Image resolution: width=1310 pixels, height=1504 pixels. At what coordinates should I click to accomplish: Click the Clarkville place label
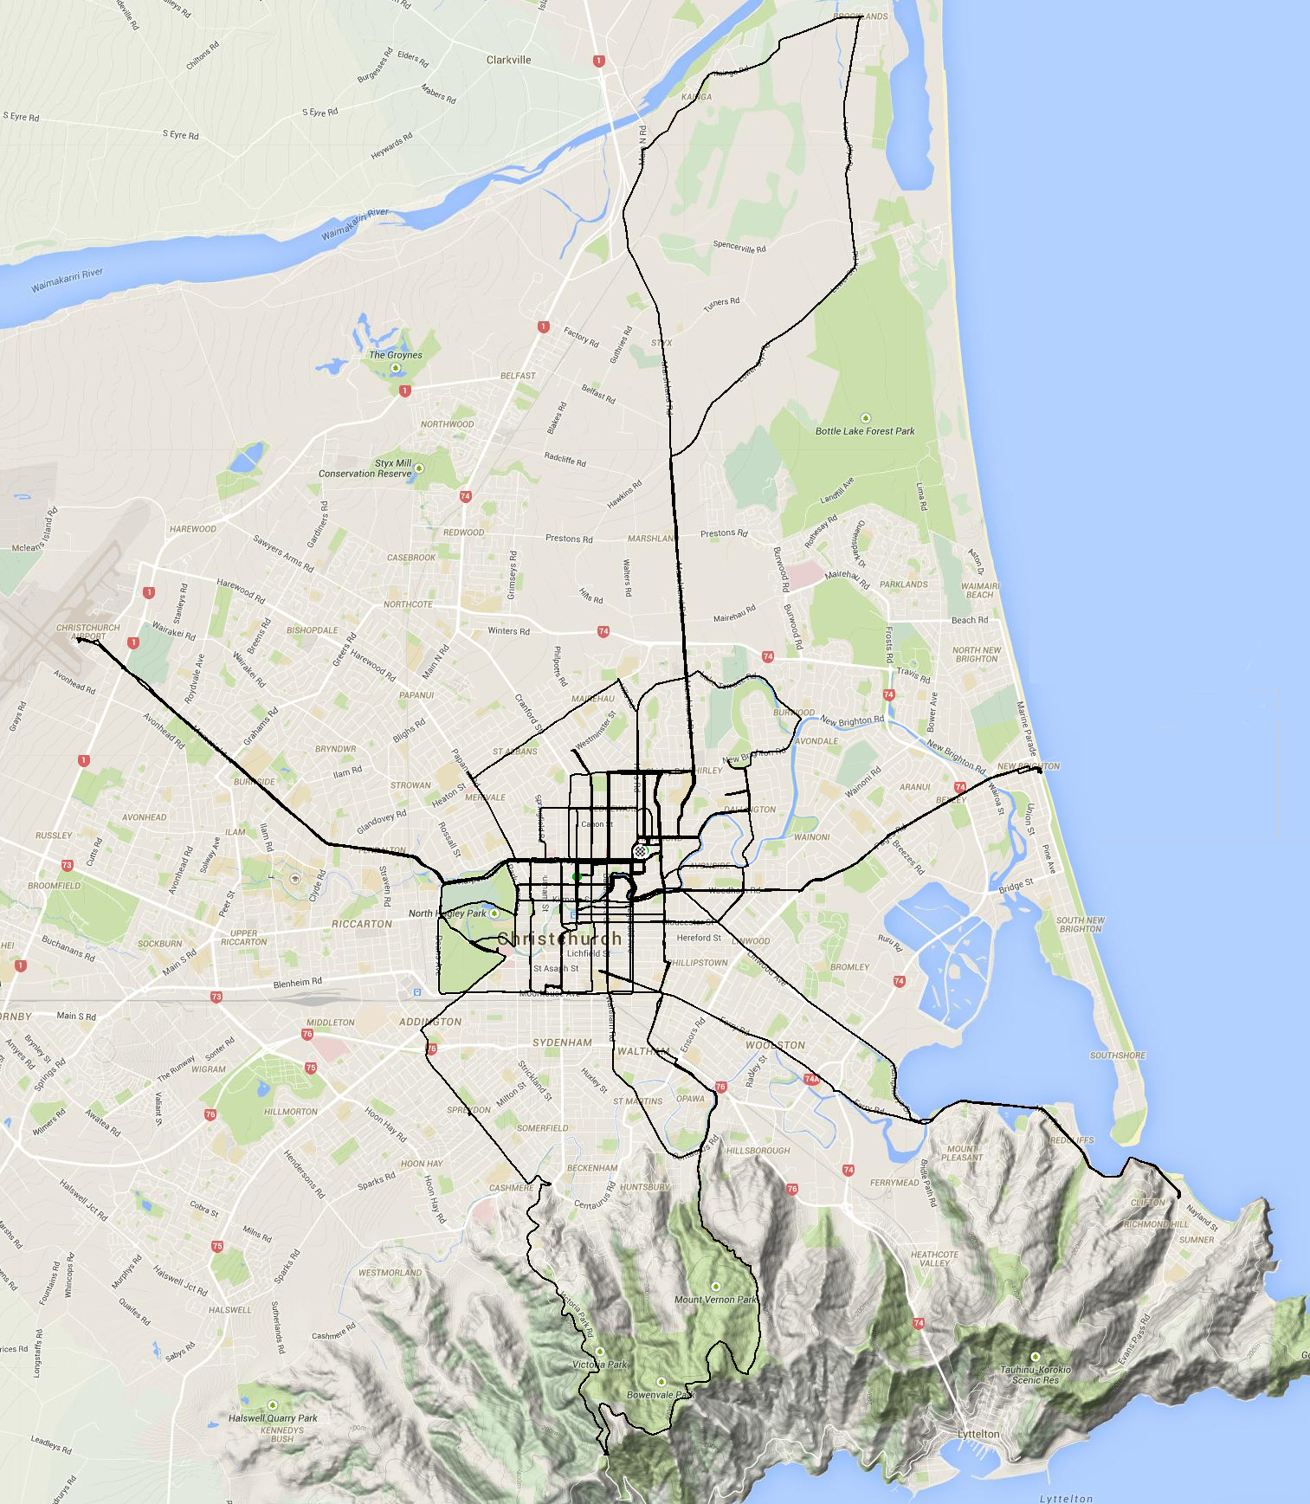pyautogui.click(x=508, y=60)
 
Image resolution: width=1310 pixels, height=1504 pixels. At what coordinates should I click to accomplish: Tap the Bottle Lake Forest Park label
pyautogui.click(x=864, y=430)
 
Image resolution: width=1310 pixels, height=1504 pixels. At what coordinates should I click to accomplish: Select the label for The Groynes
pyautogui.click(x=395, y=354)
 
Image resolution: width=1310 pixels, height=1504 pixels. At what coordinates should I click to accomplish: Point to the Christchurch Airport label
pyautogui.click(x=87, y=632)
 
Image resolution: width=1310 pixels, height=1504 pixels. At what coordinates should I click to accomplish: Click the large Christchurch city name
pyautogui.click(x=559, y=939)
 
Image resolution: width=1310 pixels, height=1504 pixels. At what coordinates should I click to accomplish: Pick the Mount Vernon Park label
pyautogui.click(x=715, y=1299)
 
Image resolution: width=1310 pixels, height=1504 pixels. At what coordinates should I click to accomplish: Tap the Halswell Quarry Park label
pyautogui.click(x=273, y=1417)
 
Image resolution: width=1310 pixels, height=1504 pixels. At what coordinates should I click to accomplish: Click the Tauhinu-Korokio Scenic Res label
pyautogui.click(x=1035, y=1374)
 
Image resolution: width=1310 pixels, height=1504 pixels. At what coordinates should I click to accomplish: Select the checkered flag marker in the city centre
pyautogui.click(x=640, y=851)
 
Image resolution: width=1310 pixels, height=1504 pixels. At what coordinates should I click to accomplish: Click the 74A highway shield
pyautogui.click(x=810, y=1079)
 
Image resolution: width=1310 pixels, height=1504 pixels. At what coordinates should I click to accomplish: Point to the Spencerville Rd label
pyautogui.click(x=739, y=247)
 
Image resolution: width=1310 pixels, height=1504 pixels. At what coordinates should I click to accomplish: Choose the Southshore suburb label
pyautogui.click(x=1117, y=1055)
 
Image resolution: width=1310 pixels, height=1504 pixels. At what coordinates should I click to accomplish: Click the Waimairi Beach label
pyautogui.click(x=979, y=590)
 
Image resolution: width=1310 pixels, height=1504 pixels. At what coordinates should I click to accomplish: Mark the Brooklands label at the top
pyautogui.click(x=860, y=16)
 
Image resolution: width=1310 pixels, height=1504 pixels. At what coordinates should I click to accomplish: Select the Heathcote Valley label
pyautogui.click(x=934, y=1258)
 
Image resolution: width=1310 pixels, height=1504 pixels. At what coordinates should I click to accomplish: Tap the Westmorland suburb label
pyautogui.click(x=390, y=1273)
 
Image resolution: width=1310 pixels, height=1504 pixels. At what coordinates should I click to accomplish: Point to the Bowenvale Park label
pyautogui.click(x=661, y=1395)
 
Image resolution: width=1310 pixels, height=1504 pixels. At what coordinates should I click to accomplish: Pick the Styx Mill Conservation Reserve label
pyautogui.click(x=365, y=468)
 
